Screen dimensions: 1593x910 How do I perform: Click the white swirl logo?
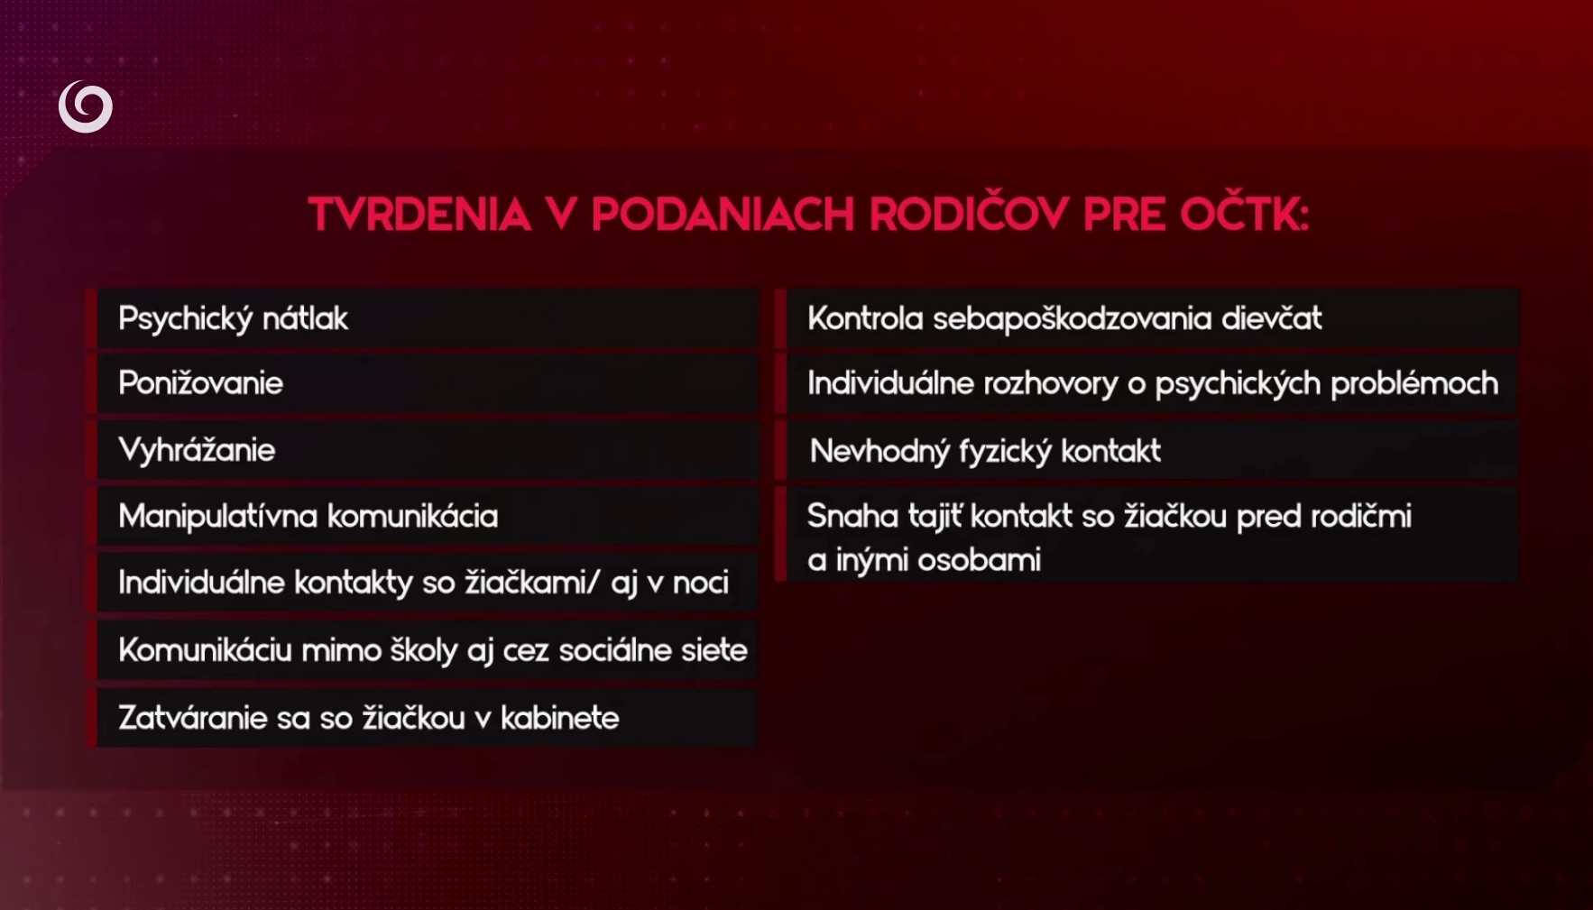click(86, 106)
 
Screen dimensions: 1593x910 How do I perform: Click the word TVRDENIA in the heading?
click(419, 215)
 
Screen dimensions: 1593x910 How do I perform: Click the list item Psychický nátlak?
click(233, 318)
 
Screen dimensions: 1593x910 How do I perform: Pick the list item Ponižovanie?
click(200, 383)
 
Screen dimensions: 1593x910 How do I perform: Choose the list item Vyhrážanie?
click(197, 449)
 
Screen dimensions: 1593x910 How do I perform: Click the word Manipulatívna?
click(217, 516)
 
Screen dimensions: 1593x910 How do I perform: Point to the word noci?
click(701, 583)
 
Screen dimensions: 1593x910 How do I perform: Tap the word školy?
click(425, 649)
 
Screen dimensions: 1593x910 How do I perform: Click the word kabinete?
click(560, 718)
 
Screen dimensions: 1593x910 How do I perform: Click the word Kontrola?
click(865, 318)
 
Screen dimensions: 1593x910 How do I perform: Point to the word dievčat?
click(1272, 317)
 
